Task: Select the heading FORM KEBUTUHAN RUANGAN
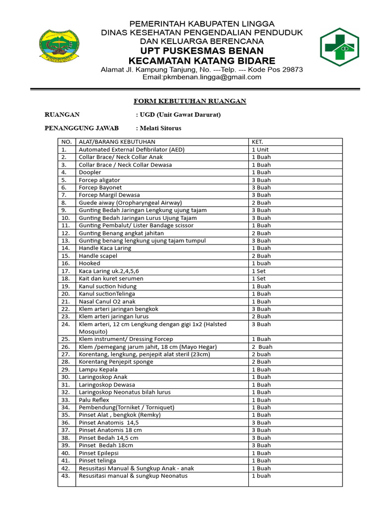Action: [x=190, y=101]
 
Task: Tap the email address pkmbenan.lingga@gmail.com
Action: [x=202, y=77]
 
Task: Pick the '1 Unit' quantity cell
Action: [x=260, y=149]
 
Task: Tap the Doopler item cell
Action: [x=90, y=172]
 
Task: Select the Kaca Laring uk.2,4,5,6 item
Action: [x=109, y=271]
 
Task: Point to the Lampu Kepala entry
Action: [x=98, y=369]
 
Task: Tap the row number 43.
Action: [x=65, y=476]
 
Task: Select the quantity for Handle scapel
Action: [x=261, y=256]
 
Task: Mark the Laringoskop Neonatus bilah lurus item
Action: [x=125, y=392]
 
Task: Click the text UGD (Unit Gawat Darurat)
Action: [x=180, y=115]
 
